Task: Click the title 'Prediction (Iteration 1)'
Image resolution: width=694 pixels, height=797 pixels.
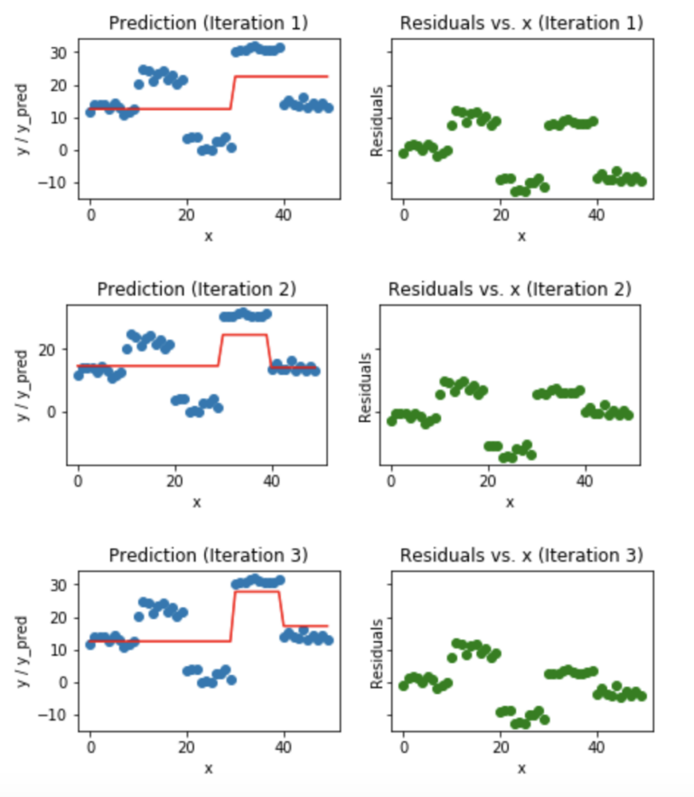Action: pos(208,23)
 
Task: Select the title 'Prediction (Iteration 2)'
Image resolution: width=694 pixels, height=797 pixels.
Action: pos(196,289)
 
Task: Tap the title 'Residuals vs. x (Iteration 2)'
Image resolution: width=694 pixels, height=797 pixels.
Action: pos(509,289)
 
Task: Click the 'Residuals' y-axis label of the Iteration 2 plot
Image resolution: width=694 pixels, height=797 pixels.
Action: pos(365,387)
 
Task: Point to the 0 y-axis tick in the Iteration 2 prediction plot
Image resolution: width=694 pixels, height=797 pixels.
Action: pos(54,412)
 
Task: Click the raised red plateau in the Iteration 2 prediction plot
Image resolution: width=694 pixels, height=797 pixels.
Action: pos(243,335)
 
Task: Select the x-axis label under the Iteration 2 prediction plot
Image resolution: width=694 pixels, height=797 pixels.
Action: pos(196,502)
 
